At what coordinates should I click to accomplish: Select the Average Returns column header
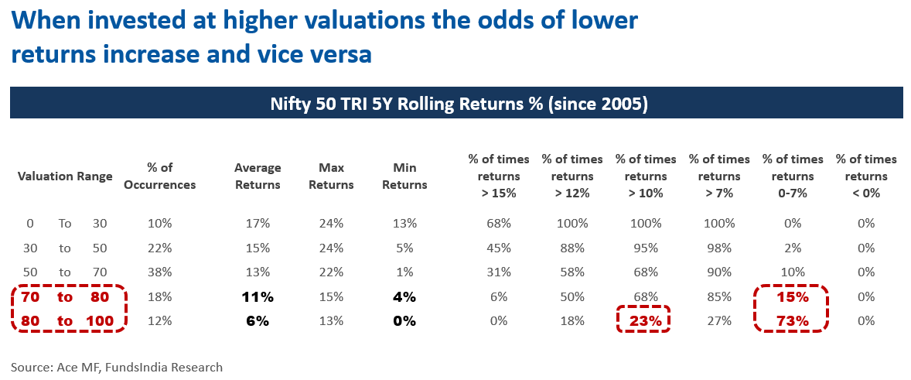258,176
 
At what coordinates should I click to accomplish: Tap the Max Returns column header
336,176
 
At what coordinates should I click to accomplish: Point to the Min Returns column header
404,176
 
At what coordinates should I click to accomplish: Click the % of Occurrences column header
171,176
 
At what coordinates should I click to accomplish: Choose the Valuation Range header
65,176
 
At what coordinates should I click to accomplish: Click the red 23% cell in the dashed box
643,320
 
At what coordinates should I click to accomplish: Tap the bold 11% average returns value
258,296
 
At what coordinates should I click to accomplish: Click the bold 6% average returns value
258,320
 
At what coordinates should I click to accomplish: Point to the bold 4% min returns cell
404,296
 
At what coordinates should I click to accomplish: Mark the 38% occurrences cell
159,272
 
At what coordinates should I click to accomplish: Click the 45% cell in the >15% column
498,248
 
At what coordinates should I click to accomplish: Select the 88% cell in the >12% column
572,248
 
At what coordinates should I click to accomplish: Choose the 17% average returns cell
258,224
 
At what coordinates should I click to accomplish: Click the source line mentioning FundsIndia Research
117,367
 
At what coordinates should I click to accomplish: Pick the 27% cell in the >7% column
719,320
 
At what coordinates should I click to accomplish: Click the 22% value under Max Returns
331,272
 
